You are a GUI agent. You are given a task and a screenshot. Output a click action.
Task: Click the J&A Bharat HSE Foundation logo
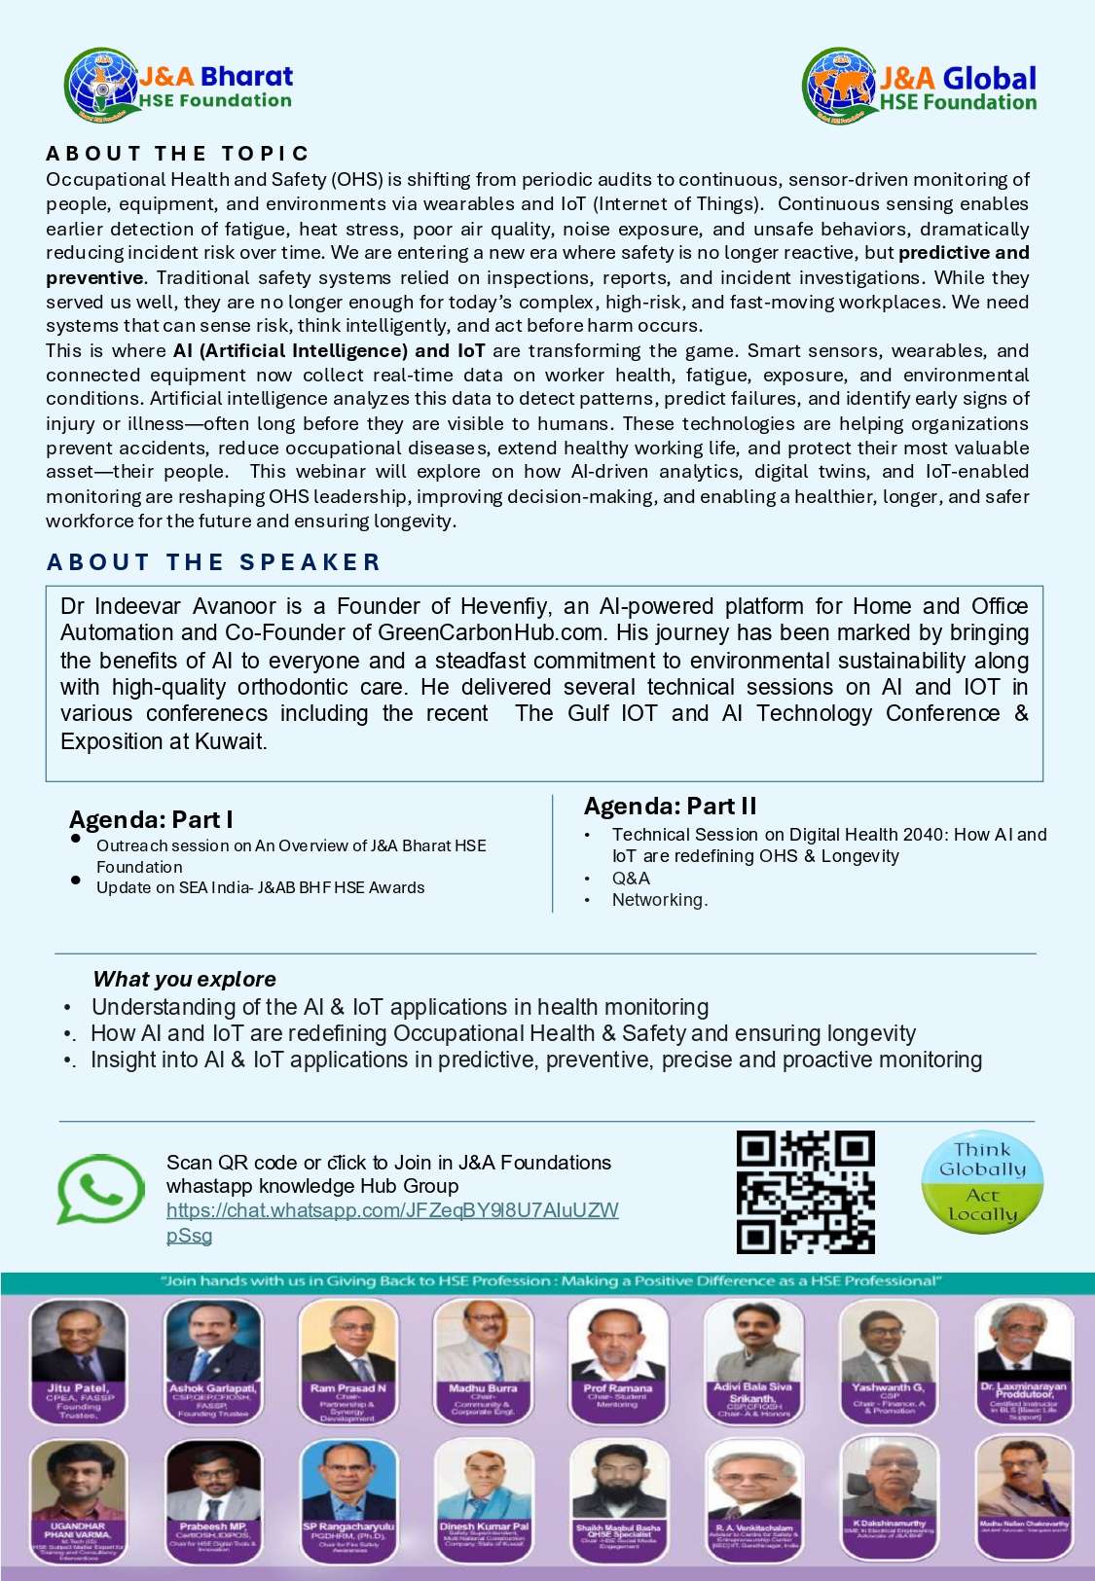pyautogui.click(x=178, y=86)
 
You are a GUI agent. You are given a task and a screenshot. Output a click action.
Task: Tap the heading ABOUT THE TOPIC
pyautogui.click(x=177, y=154)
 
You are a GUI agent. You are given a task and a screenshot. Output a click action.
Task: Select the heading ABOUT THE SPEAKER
pyautogui.click(x=213, y=562)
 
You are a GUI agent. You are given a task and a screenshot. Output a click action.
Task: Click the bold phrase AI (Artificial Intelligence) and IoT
pyautogui.click(x=329, y=351)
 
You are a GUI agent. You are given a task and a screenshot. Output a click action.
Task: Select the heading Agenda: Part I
pyautogui.click(x=151, y=819)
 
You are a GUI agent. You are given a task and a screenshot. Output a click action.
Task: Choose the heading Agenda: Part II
pyautogui.click(x=670, y=807)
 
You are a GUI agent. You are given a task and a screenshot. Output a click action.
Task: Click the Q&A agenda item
pyautogui.click(x=631, y=879)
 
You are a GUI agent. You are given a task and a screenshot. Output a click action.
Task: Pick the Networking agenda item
pyautogui.click(x=659, y=900)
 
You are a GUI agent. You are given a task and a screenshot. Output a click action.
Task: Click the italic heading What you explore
pyautogui.click(x=184, y=980)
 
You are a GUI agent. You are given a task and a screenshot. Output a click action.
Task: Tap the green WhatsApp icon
pyautogui.click(x=100, y=1189)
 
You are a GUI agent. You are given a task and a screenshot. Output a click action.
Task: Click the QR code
pyautogui.click(x=805, y=1192)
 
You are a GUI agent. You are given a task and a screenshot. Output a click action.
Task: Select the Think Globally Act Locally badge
pyautogui.click(x=982, y=1182)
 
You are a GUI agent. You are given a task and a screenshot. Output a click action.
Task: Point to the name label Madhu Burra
pyautogui.click(x=483, y=1388)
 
